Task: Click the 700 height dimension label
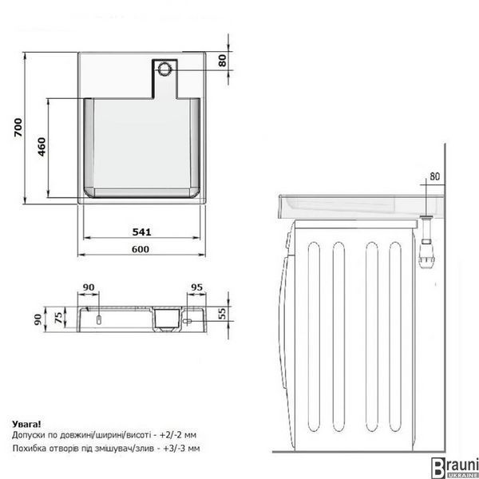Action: tap(18, 128)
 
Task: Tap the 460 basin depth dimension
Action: tap(42, 147)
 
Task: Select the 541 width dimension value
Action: tap(142, 232)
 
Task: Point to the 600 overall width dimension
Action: tap(141, 249)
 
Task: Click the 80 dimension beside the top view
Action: tap(223, 60)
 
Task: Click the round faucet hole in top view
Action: tap(164, 69)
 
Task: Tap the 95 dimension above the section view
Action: tap(196, 287)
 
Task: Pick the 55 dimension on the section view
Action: tap(222, 314)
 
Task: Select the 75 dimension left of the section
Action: tap(58, 318)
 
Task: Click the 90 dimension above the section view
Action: tap(89, 287)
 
